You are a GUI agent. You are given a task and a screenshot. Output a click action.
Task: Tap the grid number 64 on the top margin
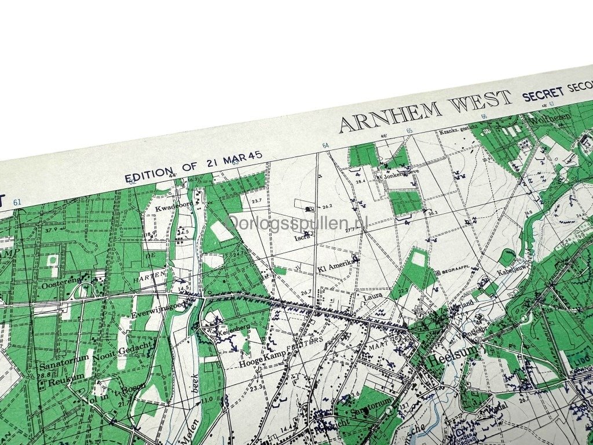[x=325, y=145]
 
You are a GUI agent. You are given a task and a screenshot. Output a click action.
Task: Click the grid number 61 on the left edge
[x=17, y=202]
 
